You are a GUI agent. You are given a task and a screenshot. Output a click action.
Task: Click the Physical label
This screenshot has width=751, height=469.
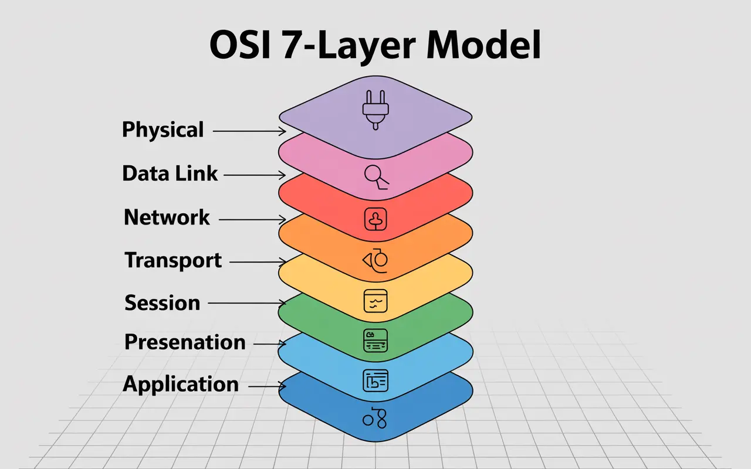pyautogui.click(x=163, y=130)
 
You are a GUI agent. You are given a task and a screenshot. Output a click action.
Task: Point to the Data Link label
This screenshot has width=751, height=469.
pyautogui.click(x=170, y=174)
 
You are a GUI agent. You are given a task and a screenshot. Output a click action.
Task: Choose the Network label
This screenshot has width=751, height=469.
pyautogui.click(x=167, y=217)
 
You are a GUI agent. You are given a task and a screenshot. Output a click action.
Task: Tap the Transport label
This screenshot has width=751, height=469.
pyautogui.click(x=173, y=260)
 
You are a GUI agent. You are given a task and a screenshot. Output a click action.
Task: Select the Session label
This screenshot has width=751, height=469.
pyautogui.click(x=163, y=303)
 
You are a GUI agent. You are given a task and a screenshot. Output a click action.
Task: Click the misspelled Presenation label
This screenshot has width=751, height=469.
pyautogui.click(x=185, y=342)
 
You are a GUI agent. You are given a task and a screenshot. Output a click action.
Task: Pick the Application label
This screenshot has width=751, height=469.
pyautogui.click(x=181, y=385)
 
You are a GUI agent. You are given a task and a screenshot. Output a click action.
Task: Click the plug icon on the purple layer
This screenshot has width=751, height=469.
pyautogui.click(x=374, y=108)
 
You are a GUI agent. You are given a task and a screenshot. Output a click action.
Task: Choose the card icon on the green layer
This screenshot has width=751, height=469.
pyautogui.click(x=375, y=340)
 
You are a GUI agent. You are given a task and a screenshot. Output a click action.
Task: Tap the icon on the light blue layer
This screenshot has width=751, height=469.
pyautogui.click(x=375, y=381)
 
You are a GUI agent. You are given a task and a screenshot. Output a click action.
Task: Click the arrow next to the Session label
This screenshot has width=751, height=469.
pyautogui.click(x=246, y=303)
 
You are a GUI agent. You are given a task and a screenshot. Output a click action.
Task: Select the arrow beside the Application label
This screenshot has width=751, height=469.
pyautogui.click(x=267, y=386)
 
